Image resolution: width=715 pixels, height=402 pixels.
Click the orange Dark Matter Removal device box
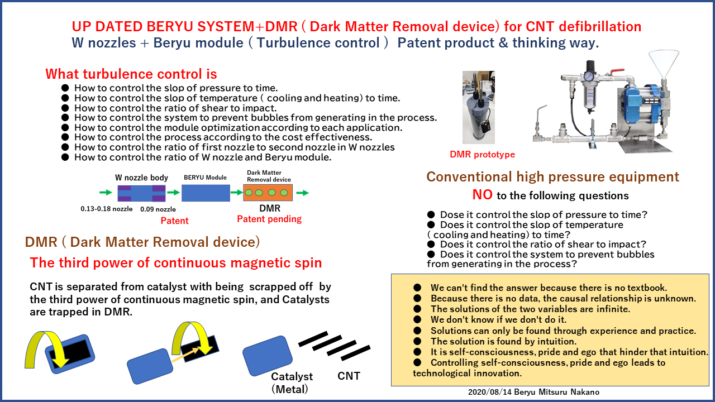[x=268, y=193]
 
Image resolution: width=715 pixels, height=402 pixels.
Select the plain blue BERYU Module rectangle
[x=206, y=193]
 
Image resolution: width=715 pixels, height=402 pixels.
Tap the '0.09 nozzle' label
[x=158, y=209]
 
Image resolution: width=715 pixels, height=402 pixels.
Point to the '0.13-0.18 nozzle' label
[x=106, y=209]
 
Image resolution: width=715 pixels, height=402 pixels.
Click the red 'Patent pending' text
[x=269, y=219]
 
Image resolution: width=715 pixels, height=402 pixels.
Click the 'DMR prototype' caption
[x=482, y=155]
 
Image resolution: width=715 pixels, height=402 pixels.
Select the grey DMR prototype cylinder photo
[x=479, y=108]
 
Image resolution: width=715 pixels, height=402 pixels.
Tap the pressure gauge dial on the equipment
[x=588, y=76]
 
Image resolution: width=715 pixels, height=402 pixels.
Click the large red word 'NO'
[x=482, y=195]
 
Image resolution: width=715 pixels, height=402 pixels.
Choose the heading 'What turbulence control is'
[x=131, y=74]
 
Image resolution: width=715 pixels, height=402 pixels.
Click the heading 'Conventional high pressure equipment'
[x=553, y=177]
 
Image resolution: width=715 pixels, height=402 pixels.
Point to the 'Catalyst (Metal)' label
[x=292, y=383]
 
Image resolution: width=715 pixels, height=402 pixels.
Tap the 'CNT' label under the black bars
[x=349, y=376]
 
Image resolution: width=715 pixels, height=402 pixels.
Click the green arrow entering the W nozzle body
[x=106, y=193]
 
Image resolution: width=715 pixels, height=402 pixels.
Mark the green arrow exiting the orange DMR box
[x=302, y=193]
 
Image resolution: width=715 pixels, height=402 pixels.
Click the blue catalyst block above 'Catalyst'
[x=268, y=356]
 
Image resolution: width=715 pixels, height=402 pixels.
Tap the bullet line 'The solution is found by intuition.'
[x=503, y=341]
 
